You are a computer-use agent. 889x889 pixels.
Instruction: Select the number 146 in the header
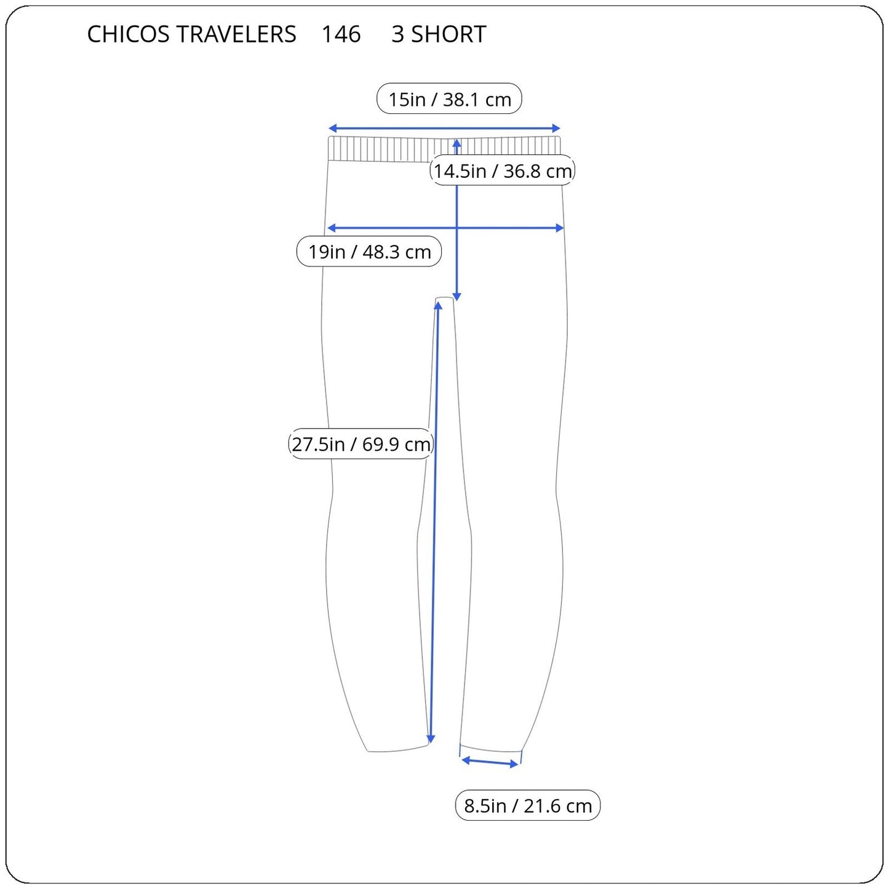341,34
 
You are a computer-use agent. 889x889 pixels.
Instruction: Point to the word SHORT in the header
448,34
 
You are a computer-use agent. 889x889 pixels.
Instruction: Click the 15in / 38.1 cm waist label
449,99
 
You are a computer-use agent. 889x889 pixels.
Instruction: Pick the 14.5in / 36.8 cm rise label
503,170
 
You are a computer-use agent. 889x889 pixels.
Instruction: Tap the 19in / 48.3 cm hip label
369,252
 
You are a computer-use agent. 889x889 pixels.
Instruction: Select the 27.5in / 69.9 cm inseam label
361,444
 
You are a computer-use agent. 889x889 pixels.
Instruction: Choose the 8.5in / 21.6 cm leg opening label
527,805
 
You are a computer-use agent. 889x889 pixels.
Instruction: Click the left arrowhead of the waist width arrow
332,129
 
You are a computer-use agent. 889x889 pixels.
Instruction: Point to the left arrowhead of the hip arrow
331,228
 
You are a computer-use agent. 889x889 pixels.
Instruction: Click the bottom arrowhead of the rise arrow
456,297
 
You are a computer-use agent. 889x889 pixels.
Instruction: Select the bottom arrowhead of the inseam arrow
431,740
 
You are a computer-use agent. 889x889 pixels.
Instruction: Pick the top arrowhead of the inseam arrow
437,306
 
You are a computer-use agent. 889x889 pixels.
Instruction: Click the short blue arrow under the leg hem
490,762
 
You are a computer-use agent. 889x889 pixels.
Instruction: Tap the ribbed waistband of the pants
381,149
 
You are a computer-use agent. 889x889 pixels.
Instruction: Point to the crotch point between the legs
445,300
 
